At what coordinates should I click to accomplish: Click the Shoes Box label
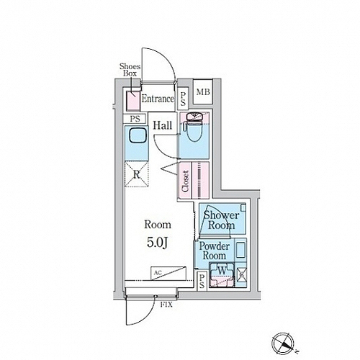pos(130,70)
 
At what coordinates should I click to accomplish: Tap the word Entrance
pos(158,99)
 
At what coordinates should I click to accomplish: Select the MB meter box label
pos(203,92)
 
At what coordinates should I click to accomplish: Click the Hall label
pos(163,125)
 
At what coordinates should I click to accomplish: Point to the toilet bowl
pos(194,130)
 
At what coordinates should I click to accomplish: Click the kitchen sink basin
pos(138,135)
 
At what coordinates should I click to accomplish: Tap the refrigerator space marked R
pos(137,174)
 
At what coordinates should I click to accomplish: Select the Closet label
pos(186,181)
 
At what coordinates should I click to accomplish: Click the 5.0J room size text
pos(157,243)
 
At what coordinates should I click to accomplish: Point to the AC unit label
pos(158,273)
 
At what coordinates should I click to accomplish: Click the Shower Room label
pos(221,220)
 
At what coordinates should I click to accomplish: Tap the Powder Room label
pos(215,251)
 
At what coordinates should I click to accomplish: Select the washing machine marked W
pos(222,274)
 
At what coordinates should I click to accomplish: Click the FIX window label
pos(166,305)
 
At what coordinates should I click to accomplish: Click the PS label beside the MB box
pos(183,99)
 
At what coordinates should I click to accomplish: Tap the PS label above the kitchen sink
pos(135,119)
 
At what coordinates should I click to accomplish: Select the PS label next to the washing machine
pos(202,282)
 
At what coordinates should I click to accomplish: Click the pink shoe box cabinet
pos(133,101)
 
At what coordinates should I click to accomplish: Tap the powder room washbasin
pos(240,250)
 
